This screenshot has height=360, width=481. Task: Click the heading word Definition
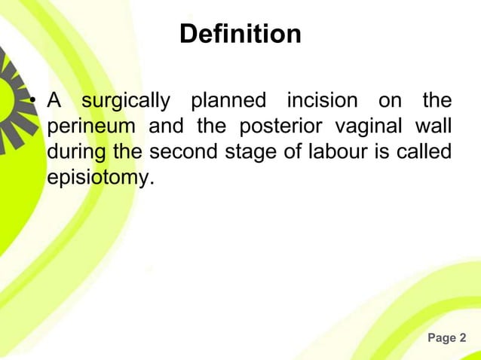click(240, 34)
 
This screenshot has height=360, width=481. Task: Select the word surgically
click(126, 101)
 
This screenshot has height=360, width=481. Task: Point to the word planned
click(228, 100)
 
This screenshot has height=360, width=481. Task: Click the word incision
click(322, 100)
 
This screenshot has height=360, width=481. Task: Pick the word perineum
click(90, 127)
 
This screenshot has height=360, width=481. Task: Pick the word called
click(427, 151)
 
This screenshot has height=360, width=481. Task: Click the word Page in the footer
click(440, 338)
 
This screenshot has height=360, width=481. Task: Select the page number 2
click(463, 338)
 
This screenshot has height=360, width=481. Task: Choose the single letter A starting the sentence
click(55, 100)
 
